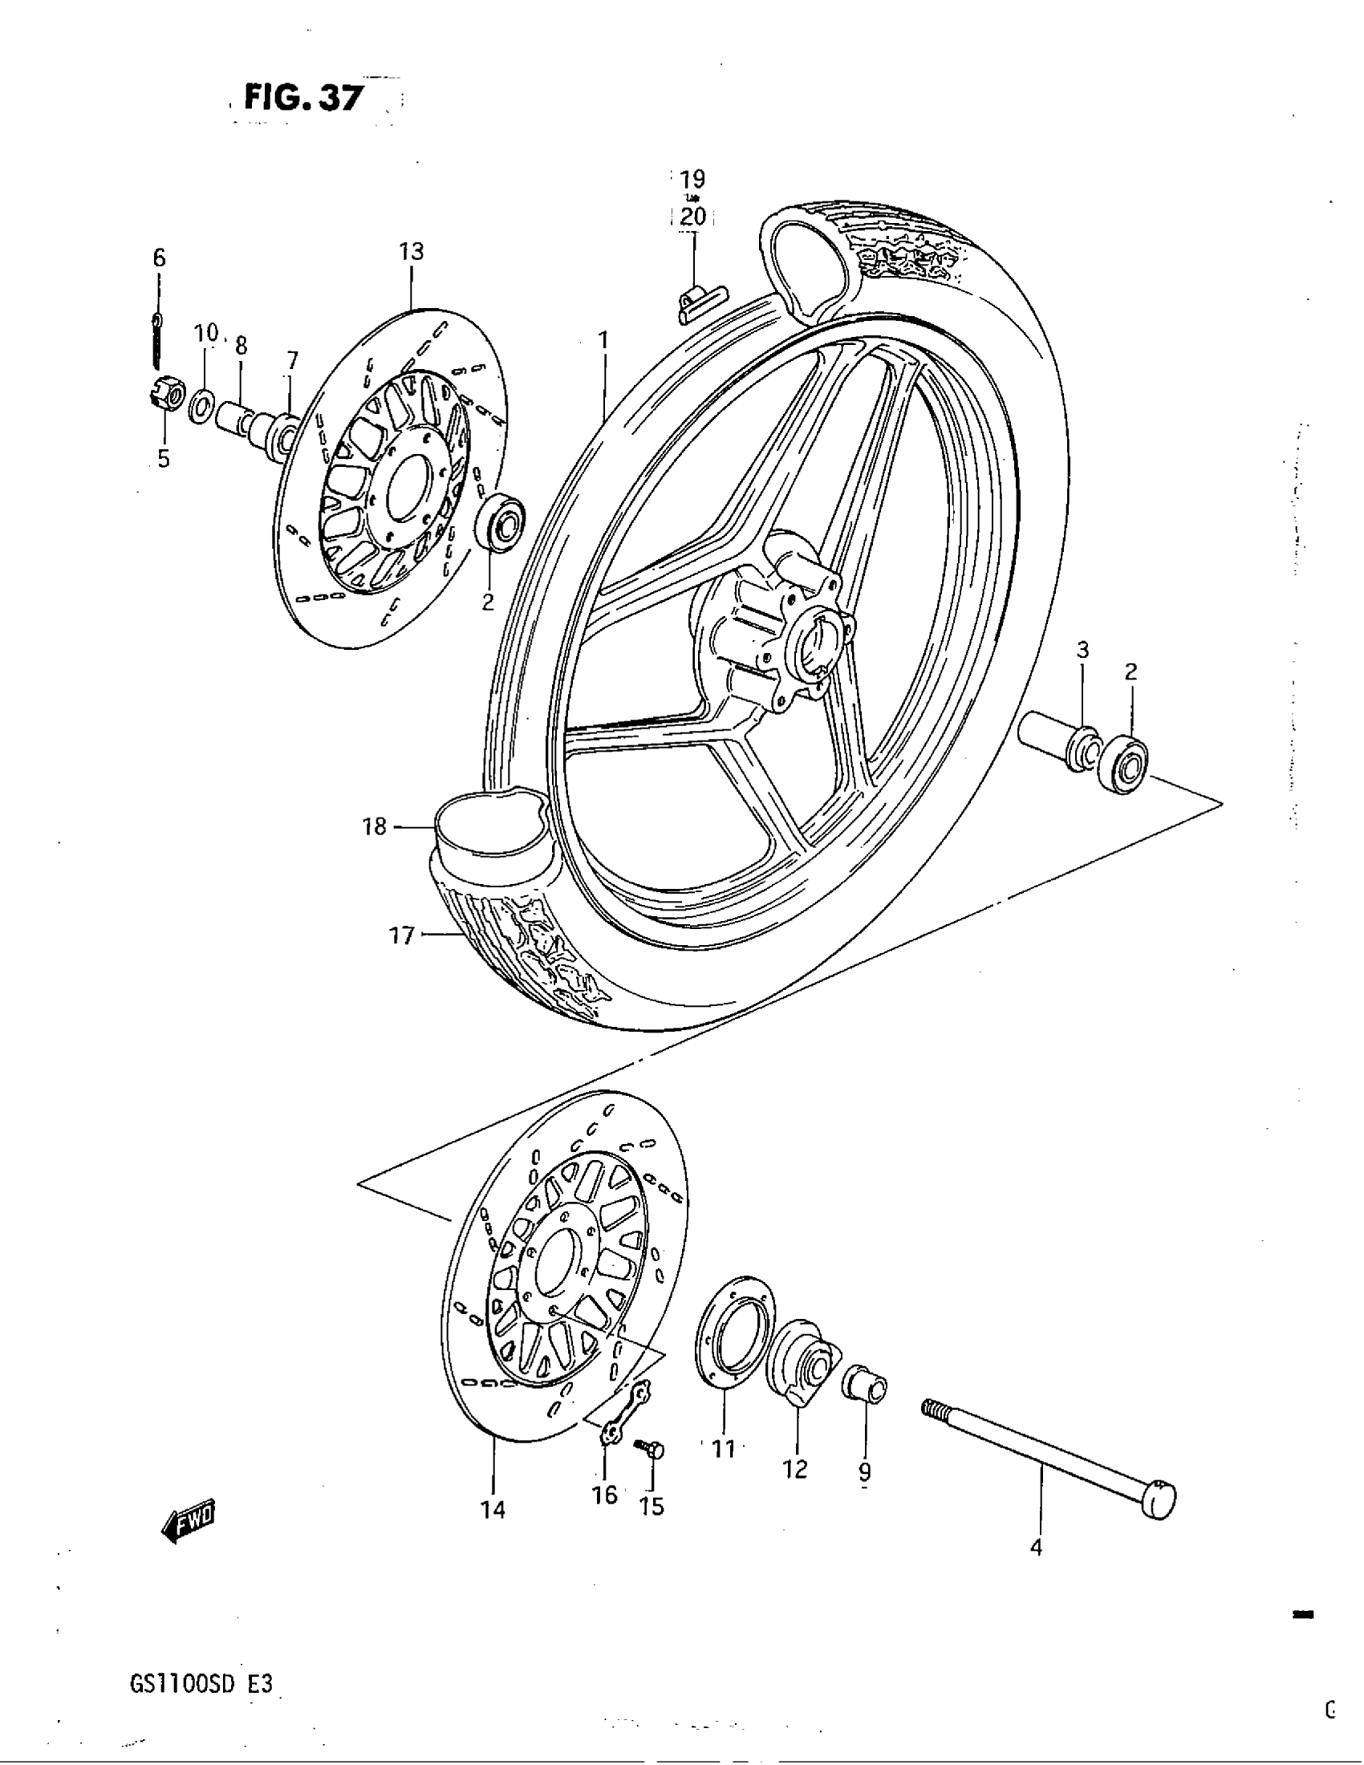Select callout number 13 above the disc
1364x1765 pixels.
pyautogui.click(x=412, y=251)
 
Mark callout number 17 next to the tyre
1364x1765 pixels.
pyautogui.click(x=402, y=935)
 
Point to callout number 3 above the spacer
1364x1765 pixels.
pyautogui.click(x=1083, y=649)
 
